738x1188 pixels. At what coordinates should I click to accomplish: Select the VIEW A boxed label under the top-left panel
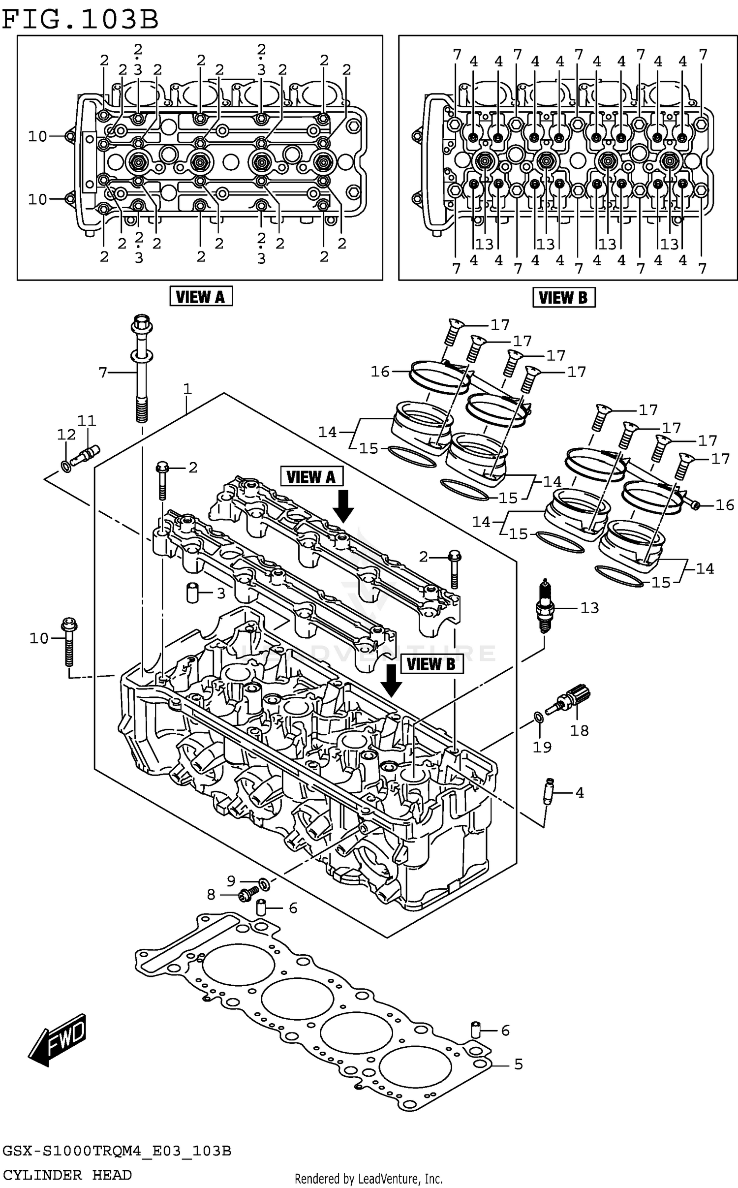[x=201, y=297]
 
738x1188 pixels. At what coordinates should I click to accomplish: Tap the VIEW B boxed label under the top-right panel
[x=563, y=298]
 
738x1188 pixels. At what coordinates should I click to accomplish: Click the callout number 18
[x=579, y=730]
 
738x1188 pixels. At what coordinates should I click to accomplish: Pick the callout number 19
[x=542, y=747]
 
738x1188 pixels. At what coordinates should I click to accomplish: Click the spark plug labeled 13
[x=544, y=606]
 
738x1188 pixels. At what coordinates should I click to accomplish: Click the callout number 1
[x=187, y=389]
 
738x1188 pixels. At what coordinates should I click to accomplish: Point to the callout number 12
[x=66, y=435]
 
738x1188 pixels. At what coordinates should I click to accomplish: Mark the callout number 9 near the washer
[x=231, y=880]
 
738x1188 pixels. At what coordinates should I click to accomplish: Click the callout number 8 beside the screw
[x=211, y=894]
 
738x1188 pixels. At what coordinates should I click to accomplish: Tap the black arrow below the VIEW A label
[x=343, y=505]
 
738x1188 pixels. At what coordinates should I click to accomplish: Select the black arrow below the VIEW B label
[x=392, y=681]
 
